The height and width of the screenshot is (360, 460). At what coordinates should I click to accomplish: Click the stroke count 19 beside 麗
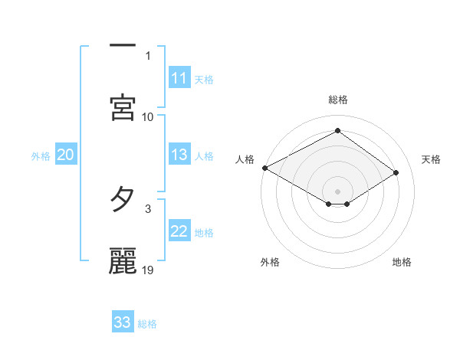pyautogui.click(x=149, y=270)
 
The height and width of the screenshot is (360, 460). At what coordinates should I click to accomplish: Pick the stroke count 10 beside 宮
pyautogui.click(x=148, y=116)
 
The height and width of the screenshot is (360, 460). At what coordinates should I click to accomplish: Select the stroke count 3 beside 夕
pyautogui.click(x=148, y=208)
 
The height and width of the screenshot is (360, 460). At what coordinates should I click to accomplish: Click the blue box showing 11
pyautogui.click(x=179, y=79)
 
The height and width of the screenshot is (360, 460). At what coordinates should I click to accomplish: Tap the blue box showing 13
pyautogui.click(x=179, y=155)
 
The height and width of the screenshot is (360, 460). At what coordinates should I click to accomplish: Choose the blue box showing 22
pyautogui.click(x=179, y=232)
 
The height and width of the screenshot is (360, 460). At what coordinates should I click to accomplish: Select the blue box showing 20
pyautogui.click(x=65, y=155)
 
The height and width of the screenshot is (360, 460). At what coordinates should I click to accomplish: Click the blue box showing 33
pyautogui.click(x=123, y=322)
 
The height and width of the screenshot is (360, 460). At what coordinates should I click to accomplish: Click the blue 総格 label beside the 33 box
pyautogui.click(x=147, y=324)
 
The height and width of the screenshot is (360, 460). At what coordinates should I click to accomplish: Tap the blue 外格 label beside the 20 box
pyautogui.click(x=41, y=156)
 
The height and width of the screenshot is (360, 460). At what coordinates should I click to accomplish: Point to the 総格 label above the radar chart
pyautogui.click(x=337, y=100)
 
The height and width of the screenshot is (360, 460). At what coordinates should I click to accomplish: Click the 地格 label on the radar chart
pyautogui.click(x=402, y=262)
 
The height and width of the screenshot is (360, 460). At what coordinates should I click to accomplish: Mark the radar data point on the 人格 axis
pyautogui.click(x=264, y=168)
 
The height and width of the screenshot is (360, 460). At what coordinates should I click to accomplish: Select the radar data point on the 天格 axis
pyautogui.click(x=396, y=173)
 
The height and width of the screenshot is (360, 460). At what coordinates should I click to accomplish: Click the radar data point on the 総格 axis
pyautogui.click(x=337, y=131)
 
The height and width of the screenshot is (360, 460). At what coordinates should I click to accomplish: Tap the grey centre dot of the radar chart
pyautogui.click(x=337, y=191)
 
